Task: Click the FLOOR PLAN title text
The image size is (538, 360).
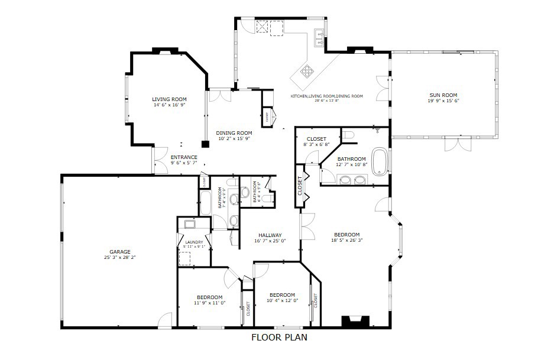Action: coord(279,338)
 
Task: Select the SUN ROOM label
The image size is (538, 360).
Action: coord(443,95)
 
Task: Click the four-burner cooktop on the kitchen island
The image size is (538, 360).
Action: coord(308,72)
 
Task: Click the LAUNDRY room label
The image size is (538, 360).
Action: coord(193,242)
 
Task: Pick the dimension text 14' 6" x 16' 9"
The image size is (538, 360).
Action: coord(169,105)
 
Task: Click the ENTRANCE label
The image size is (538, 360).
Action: coord(184,157)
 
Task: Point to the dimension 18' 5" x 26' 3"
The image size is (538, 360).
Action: coord(346,240)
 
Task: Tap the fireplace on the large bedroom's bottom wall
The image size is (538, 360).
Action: coord(355,321)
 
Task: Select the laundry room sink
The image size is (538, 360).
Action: coord(190,224)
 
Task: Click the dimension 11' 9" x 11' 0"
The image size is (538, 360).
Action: coord(209,303)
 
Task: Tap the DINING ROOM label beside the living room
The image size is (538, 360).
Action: coord(234,133)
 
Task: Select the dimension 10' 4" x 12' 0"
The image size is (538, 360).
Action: coord(282,300)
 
